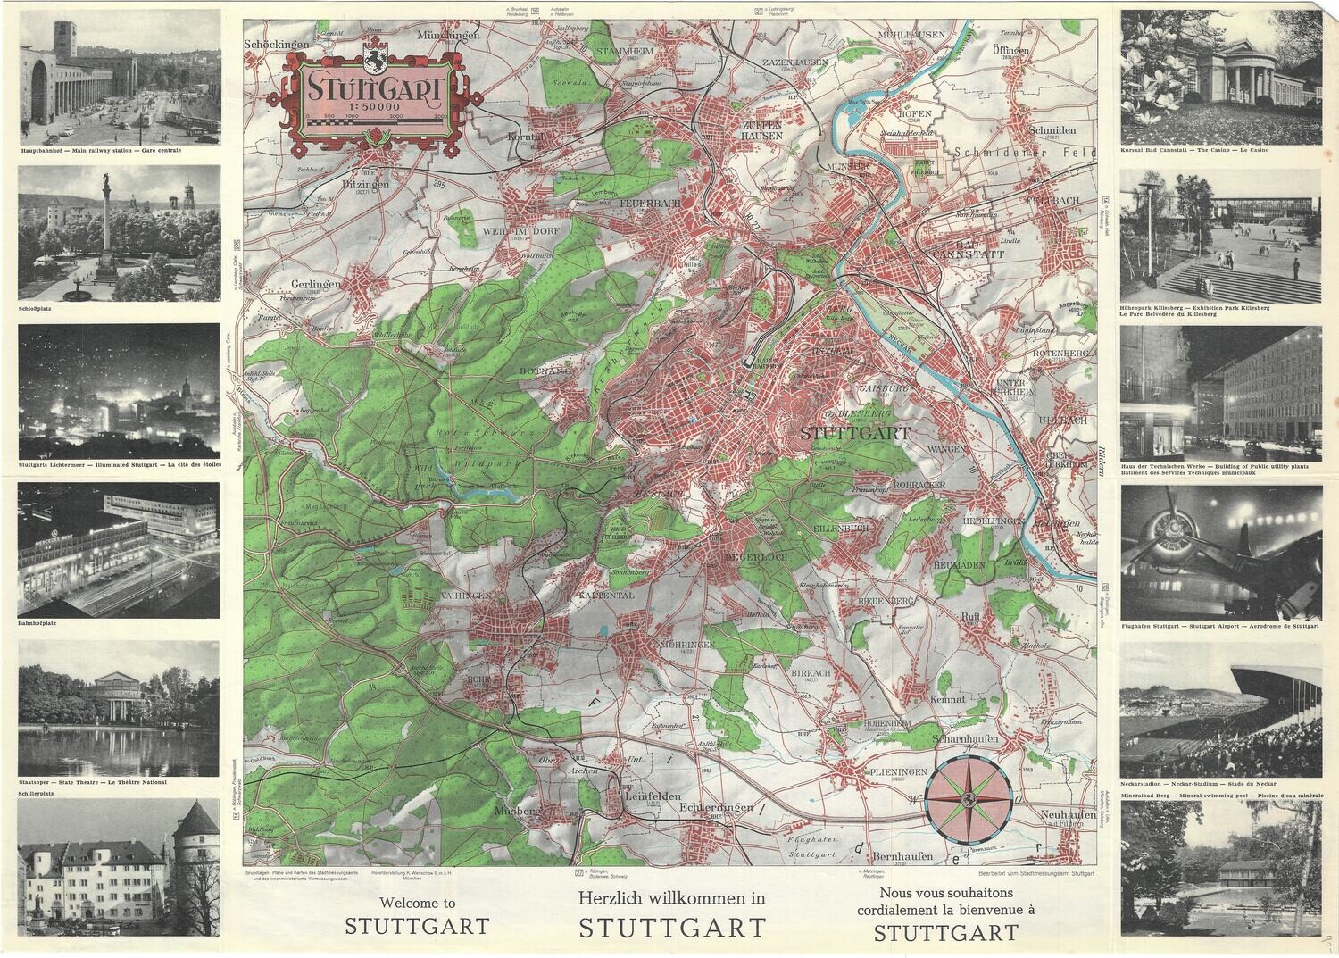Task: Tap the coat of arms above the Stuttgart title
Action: point(374,59)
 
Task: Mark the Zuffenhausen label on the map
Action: point(761,130)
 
